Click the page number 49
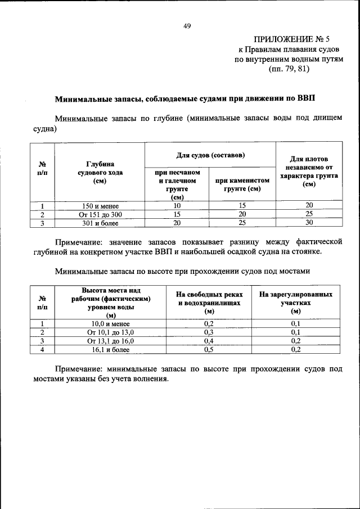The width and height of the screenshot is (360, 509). [187, 25]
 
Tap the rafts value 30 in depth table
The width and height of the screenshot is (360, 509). [309, 223]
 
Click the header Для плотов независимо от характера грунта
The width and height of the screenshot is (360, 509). [309, 172]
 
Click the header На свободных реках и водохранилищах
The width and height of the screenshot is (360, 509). [209, 303]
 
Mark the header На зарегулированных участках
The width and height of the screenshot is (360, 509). [295, 303]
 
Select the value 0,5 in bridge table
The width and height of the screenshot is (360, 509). [209, 349]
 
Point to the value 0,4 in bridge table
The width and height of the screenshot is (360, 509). [209, 341]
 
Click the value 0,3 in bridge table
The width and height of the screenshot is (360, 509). [209, 332]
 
